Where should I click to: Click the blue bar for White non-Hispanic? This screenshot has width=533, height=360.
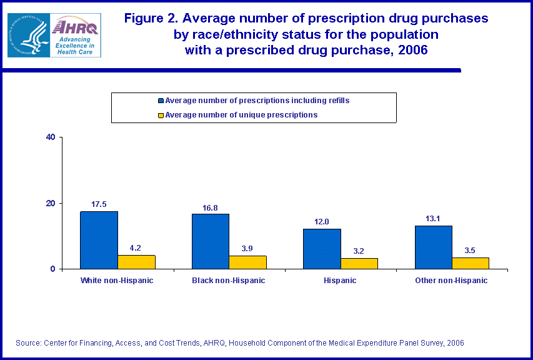99,240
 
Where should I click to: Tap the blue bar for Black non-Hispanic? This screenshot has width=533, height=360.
211,241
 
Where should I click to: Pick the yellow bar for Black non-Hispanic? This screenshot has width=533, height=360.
247,262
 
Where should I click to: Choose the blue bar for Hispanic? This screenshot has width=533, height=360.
322,249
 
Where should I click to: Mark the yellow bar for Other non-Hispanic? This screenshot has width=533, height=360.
470,263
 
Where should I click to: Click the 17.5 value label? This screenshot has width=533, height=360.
99,204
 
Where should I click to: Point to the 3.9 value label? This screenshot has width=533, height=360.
247,248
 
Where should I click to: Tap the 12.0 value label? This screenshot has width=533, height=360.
322,222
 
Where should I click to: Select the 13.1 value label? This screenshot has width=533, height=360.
432,219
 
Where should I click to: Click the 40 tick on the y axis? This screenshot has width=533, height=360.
51,137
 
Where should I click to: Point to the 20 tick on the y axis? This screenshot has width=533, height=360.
51,203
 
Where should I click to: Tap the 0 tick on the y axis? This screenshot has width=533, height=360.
54,269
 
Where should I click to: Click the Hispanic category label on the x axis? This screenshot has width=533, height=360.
340,281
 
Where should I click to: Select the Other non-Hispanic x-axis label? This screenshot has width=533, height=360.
451,281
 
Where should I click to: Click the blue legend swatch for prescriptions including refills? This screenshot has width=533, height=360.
161,101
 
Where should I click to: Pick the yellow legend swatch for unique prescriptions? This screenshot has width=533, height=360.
161,115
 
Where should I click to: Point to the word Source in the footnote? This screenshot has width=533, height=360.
27,343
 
